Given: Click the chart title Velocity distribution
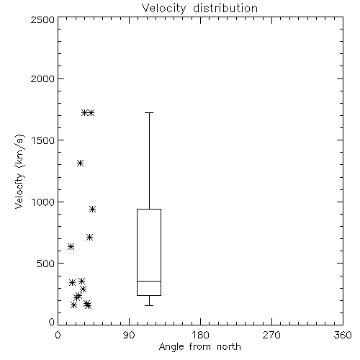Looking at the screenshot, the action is (199, 8).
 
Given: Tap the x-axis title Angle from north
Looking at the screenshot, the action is (199, 347).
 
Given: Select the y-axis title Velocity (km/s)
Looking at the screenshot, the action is (19, 171).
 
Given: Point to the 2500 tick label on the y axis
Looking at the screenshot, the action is (42, 19).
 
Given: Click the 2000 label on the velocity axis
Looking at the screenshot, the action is (42, 78).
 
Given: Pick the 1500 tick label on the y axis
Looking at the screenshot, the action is (43, 140).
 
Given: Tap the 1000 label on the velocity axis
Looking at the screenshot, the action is (43, 202).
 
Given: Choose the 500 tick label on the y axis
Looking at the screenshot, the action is (46, 264).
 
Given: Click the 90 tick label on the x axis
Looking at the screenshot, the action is (129, 335).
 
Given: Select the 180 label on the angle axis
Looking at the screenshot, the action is (200, 335).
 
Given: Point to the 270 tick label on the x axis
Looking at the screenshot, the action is (271, 335).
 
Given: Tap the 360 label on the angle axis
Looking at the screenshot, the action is (343, 335).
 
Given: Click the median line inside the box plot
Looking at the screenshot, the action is (149, 281).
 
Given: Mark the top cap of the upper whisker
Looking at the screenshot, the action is (149, 112).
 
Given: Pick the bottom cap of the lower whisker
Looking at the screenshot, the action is (149, 305).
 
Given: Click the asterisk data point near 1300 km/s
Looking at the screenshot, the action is (80, 163).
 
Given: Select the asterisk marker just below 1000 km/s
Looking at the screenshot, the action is (93, 210).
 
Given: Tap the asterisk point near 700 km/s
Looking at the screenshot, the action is (90, 238).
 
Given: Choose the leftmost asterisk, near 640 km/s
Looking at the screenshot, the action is (71, 246).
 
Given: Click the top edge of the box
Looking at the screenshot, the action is (149, 210).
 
